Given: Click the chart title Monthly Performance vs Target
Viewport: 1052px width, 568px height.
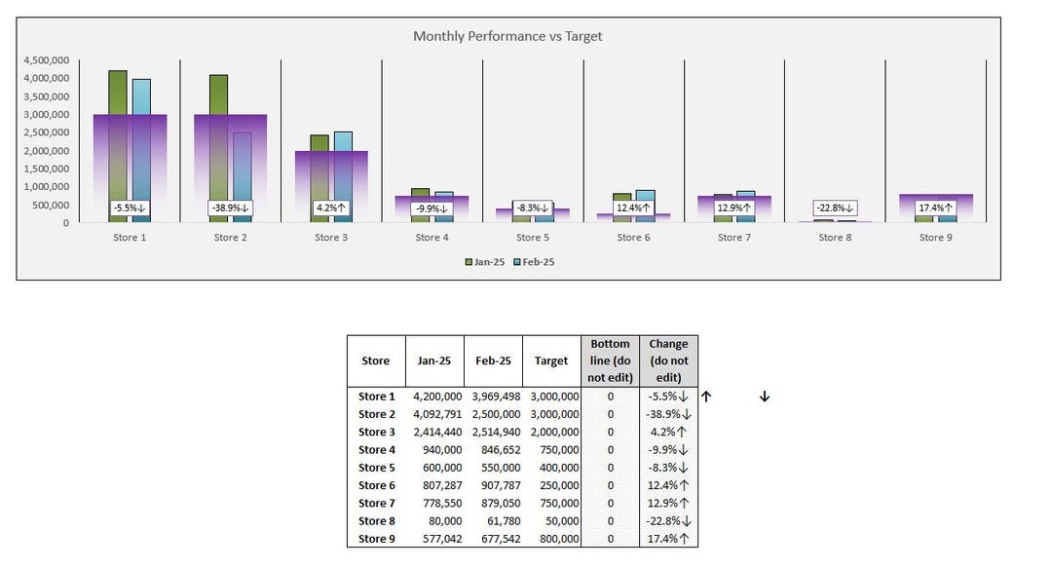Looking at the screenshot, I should tap(507, 36).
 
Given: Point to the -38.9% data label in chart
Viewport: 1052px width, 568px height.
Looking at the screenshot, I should tap(230, 208).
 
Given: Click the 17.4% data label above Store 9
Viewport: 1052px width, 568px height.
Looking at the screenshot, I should tap(935, 208).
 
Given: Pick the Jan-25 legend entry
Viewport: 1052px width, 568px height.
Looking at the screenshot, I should tap(484, 261).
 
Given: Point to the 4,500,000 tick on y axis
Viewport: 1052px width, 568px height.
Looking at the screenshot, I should tap(45, 60).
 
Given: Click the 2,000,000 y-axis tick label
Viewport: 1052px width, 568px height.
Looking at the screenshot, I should tap(45, 151).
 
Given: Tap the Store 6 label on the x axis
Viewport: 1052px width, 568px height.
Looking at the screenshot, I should tap(629, 238).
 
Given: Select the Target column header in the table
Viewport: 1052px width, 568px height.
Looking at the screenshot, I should tap(550, 360).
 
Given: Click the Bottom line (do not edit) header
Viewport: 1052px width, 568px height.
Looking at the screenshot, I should tap(610, 360).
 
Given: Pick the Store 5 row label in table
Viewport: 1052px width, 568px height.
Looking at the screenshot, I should tap(376, 468).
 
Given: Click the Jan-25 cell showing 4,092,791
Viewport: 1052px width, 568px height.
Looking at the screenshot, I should tap(435, 414).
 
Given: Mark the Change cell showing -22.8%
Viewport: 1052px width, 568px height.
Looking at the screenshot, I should tap(668, 521).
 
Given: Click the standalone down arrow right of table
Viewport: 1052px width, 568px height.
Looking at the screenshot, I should tap(765, 397).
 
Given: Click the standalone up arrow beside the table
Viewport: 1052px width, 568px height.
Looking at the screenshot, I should tap(707, 397).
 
